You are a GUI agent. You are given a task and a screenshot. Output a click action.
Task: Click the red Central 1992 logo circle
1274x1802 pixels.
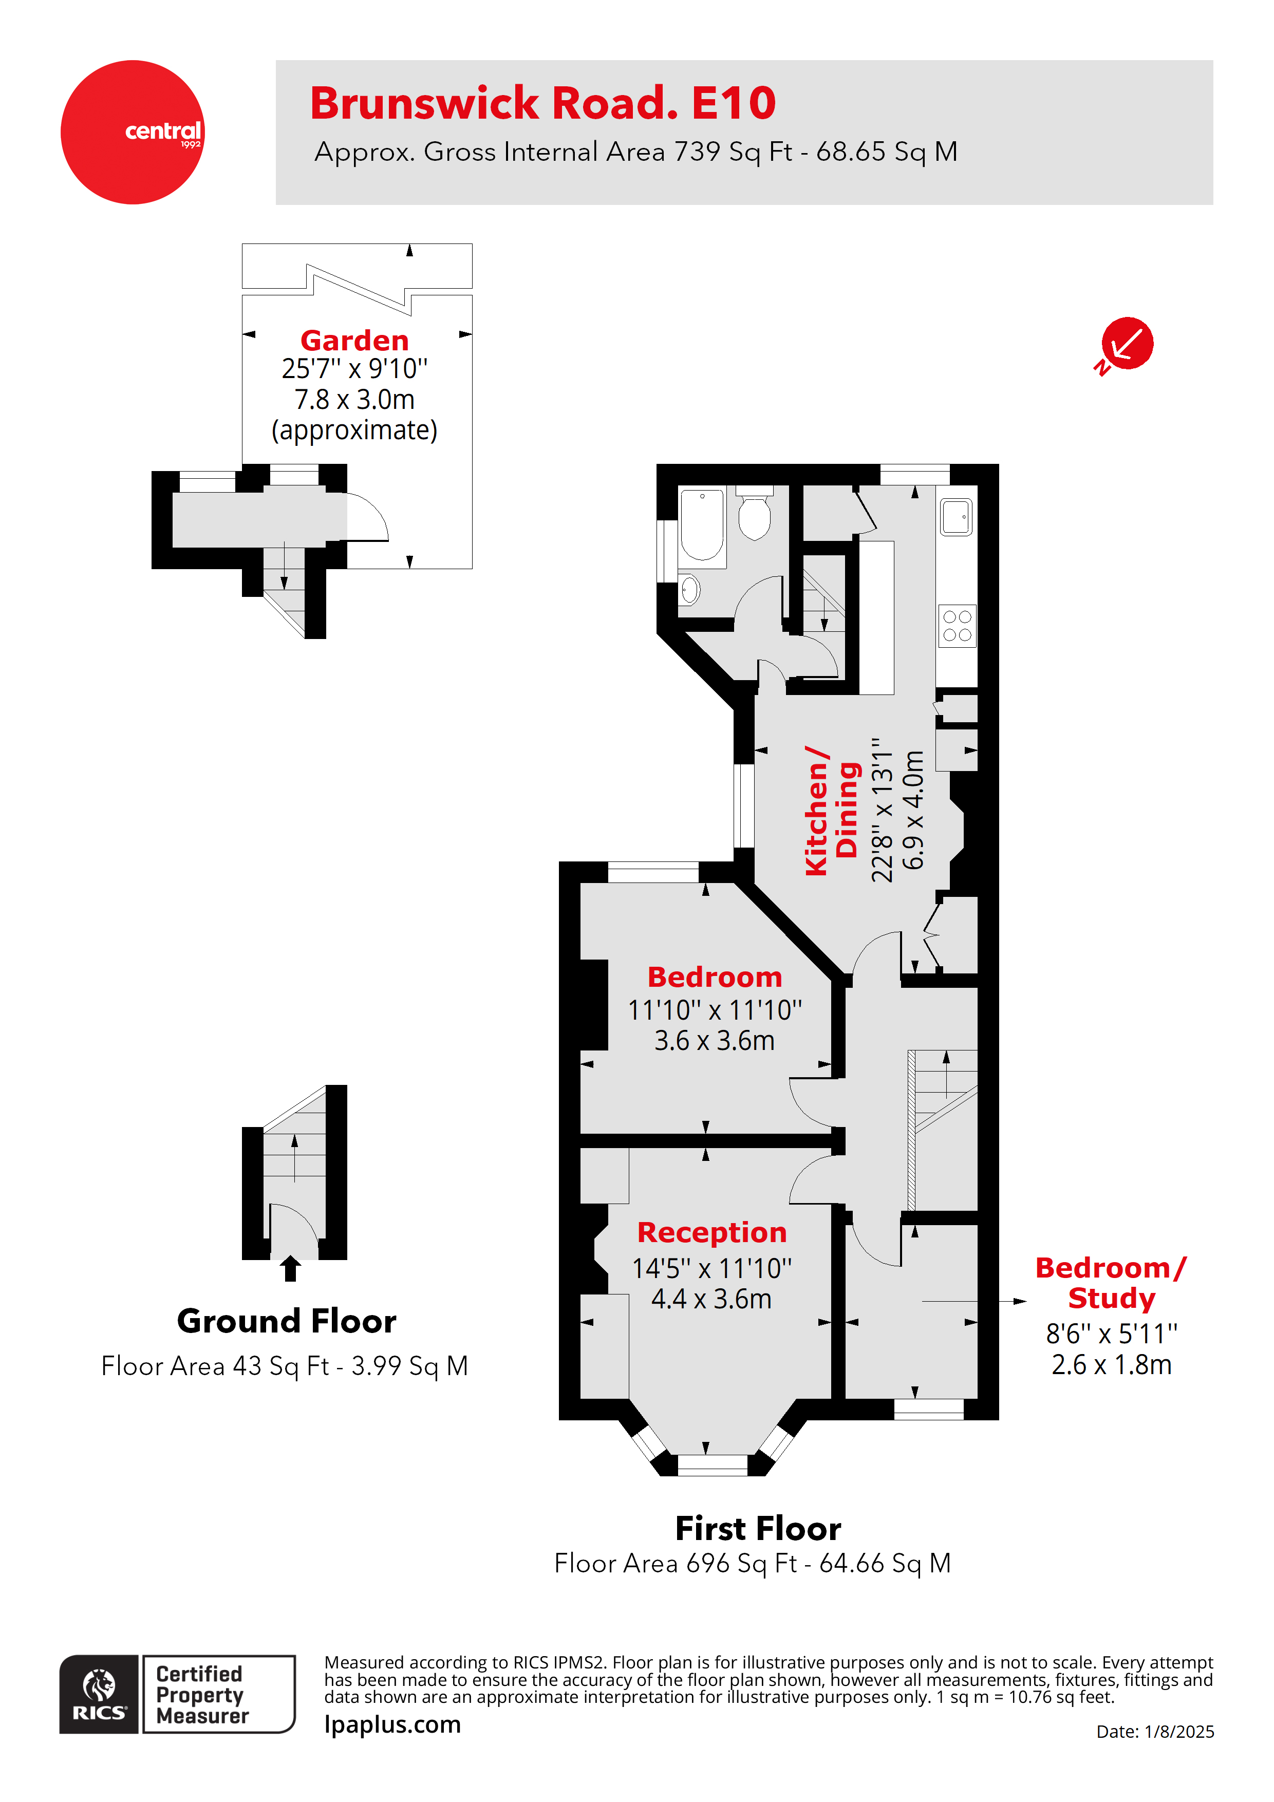[x=132, y=132]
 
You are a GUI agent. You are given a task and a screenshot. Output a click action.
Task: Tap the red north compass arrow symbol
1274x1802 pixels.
[x=1127, y=344]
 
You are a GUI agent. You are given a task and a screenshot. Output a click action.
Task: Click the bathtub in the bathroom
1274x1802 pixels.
[x=702, y=525]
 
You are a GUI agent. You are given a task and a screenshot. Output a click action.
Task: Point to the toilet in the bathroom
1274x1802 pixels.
[x=754, y=515]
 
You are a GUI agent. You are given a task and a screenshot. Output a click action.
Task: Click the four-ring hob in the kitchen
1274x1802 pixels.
[x=957, y=626]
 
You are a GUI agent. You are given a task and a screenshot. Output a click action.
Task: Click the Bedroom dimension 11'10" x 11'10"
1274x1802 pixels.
[x=715, y=1010]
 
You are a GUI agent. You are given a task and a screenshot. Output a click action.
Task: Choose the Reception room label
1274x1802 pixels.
[x=711, y=1232]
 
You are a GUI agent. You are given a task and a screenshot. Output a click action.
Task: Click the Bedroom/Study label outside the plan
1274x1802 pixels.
[x=1111, y=1283]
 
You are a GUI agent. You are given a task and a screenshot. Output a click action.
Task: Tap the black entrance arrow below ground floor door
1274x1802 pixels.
[x=290, y=1268]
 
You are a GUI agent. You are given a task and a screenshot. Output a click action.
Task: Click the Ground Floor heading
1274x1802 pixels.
[x=287, y=1322]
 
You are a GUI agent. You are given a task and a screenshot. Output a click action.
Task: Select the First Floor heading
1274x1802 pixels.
[x=758, y=1529]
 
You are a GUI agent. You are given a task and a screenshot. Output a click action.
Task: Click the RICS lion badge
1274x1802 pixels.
[x=99, y=1694]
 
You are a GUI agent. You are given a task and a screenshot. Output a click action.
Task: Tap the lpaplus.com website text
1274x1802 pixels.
[x=392, y=1724]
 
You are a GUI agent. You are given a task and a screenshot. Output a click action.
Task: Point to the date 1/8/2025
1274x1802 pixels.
[x=1178, y=1731]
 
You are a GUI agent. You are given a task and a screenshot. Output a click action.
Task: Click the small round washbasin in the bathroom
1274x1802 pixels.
[x=689, y=589]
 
